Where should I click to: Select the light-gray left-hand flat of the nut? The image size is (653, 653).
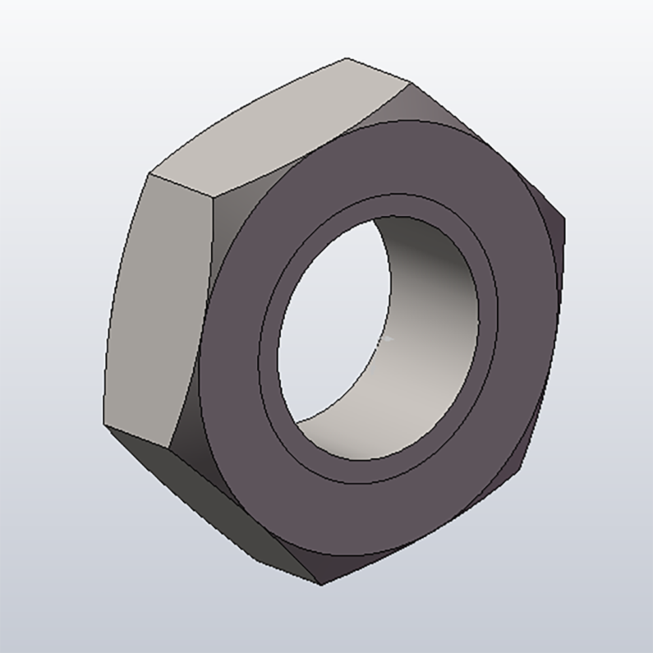click(x=157, y=307)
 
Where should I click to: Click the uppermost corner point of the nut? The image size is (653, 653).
click(x=346, y=59)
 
